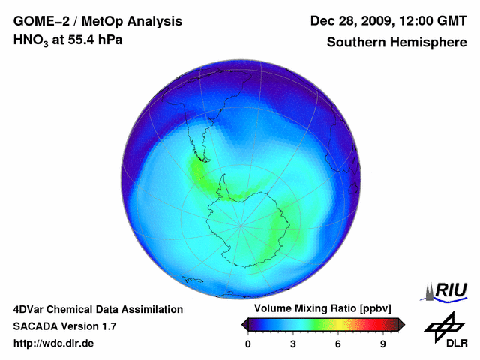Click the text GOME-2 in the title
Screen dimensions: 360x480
(x=38, y=21)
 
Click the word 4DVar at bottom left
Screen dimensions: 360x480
(x=29, y=309)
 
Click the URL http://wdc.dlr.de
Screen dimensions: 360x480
(x=54, y=343)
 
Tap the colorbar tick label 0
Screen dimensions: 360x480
(x=248, y=344)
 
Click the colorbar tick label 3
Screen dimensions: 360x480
(x=293, y=344)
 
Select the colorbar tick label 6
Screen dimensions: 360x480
(x=338, y=344)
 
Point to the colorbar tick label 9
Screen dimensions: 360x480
(x=382, y=344)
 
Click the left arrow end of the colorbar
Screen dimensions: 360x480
(x=245, y=324)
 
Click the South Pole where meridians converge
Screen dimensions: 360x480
(x=241, y=224)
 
